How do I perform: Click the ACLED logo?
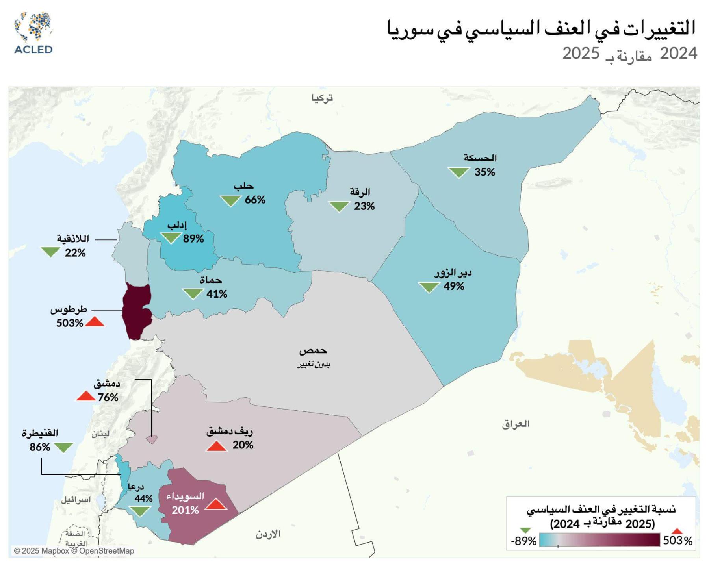point(33,33)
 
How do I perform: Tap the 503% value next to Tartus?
point(70,323)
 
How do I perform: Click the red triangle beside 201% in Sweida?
point(216,504)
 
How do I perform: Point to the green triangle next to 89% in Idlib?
point(171,237)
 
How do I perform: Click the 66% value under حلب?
point(255,200)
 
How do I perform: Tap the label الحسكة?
point(480,158)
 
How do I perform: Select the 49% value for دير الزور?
point(454,287)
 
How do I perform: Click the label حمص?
point(313,350)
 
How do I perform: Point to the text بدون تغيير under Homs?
point(314,364)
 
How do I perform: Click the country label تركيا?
point(322,98)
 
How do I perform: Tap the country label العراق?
point(516,424)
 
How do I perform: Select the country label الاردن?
point(268,534)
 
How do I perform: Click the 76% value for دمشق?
point(108,398)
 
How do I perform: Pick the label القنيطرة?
point(40,433)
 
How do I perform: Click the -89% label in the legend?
point(523,541)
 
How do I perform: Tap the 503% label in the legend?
point(677,541)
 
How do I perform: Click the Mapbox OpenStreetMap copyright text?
point(74,551)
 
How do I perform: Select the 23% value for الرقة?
point(364,206)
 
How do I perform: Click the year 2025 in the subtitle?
point(581,54)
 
